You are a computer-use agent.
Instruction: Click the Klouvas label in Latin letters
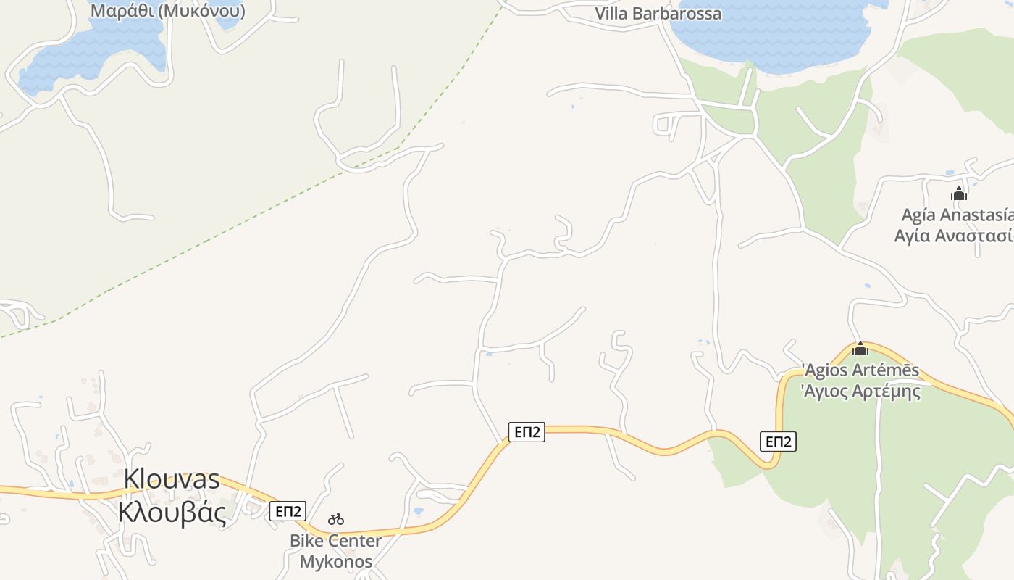pos(172,479)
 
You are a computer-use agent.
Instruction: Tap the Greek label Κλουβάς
pos(172,512)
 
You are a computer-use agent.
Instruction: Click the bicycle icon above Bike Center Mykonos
pos(336,519)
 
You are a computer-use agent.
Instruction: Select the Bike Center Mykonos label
pos(336,551)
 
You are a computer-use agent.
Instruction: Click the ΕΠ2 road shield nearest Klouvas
pos(288,510)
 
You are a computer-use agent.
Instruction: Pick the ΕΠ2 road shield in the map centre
pos(527,432)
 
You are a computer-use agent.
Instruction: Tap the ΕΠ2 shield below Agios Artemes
pos(778,441)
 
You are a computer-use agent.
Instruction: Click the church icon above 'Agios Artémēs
pos(860,349)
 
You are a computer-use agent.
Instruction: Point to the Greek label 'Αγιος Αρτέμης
pos(860,391)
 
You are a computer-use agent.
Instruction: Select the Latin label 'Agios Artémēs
pos(860,370)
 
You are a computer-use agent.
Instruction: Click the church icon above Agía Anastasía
pos(959,194)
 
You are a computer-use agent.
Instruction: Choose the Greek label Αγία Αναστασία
pos(953,236)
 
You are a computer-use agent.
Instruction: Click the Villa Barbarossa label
pos(658,14)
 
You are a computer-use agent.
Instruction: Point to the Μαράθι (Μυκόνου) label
pos(167,11)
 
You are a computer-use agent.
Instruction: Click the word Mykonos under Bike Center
pos(336,561)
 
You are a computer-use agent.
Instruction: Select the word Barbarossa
pos(679,14)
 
